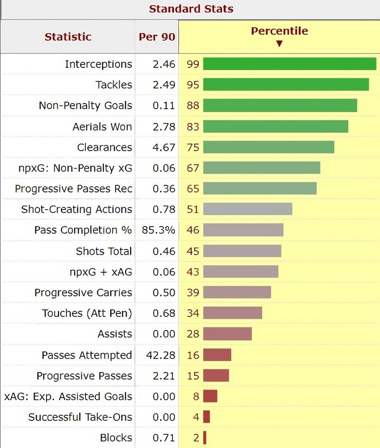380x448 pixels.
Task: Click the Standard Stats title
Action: coord(191,9)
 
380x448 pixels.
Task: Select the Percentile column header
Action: coord(279,31)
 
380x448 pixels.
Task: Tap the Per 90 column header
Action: coord(157,37)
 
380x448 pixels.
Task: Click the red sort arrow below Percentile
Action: coord(279,44)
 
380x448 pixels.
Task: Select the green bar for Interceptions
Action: coord(289,64)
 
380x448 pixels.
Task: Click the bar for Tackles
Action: coord(286,85)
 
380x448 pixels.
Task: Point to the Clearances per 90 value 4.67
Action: coord(164,147)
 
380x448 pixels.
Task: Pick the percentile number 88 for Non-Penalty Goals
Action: coord(193,105)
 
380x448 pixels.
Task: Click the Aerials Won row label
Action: coord(102,127)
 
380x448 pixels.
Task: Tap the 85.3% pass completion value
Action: coord(158,230)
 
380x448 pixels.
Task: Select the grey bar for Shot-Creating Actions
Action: coord(247,210)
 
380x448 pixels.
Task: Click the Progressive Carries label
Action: coord(83,293)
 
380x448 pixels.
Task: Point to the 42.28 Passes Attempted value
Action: coord(161,355)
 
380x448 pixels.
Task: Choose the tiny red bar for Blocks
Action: coord(205,438)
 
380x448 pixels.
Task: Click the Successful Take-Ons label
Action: coord(80,417)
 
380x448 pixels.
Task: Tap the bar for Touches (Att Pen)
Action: coord(232,313)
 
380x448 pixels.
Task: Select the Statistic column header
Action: coord(68,37)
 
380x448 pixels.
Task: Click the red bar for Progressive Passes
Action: coord(216,376)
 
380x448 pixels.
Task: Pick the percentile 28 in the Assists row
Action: coord(193,334)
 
